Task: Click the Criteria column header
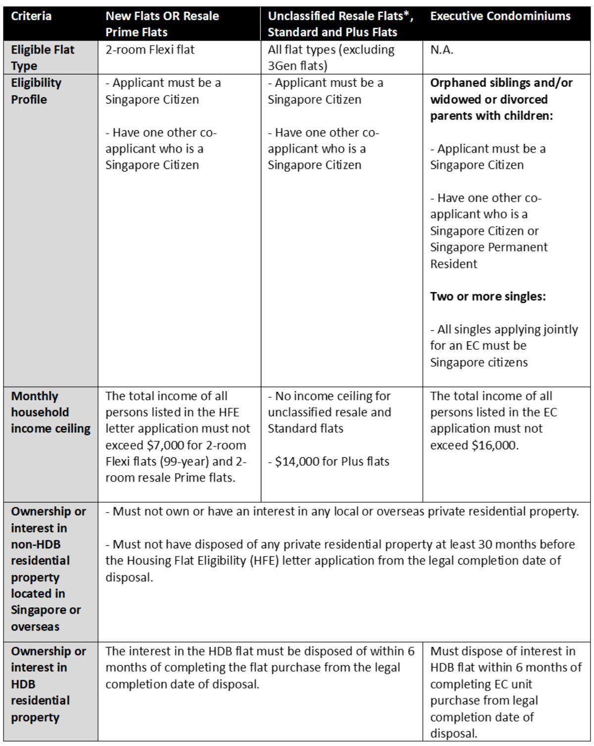(31, 16)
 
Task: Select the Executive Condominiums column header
(500, 16)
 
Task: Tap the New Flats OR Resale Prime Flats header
(162, 24)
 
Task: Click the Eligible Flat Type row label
(43, 57)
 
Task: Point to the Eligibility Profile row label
(36, 91)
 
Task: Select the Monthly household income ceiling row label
(50, 412)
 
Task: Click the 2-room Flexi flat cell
(150, 50)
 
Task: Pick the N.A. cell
(442, 50)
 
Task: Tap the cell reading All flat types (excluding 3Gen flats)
(331, 57)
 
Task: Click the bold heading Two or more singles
(488, 296)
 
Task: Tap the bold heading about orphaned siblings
(501, 99)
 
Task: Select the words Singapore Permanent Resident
(489, 255)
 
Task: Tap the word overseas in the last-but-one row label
(35, 627)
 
